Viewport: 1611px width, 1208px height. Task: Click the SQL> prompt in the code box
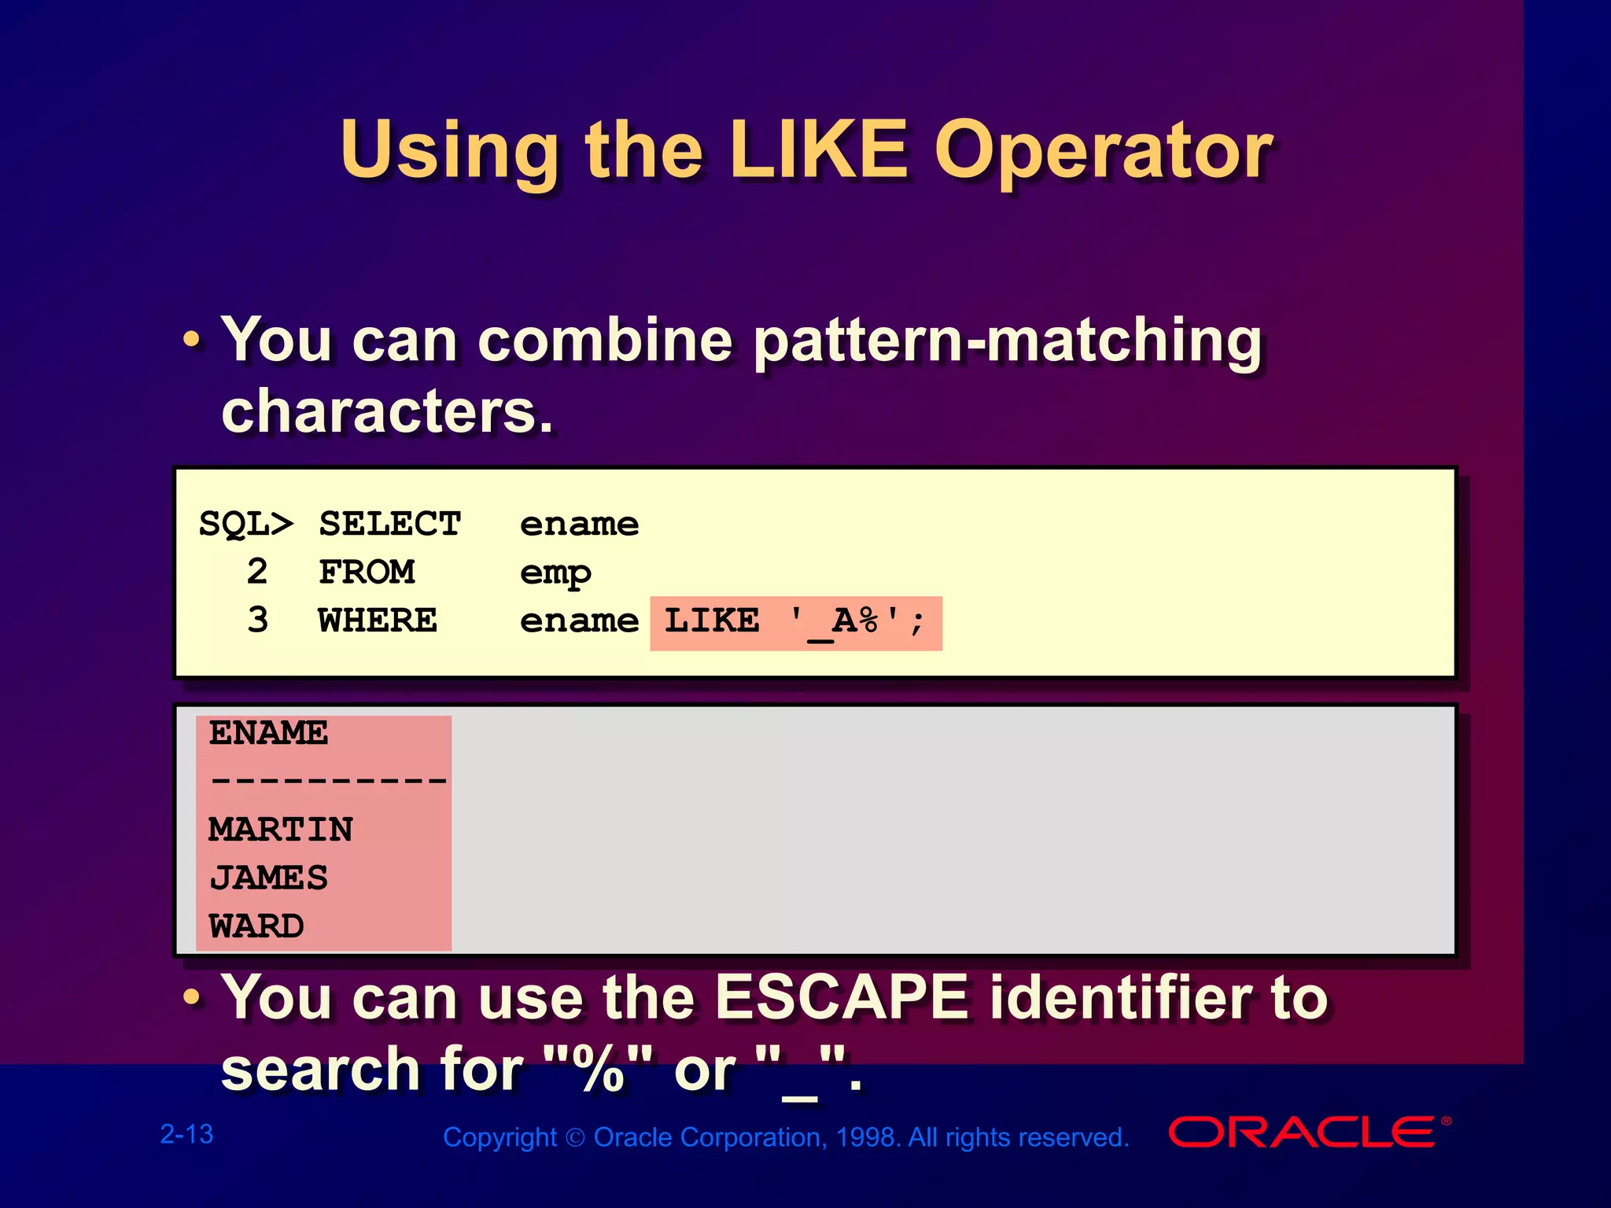245,525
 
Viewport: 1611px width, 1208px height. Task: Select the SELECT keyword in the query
389,525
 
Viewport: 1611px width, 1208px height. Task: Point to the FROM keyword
367,573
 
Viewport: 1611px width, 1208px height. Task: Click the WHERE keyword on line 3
378,621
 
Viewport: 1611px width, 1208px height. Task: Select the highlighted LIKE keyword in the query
712,622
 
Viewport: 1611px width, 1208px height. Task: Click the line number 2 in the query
257,572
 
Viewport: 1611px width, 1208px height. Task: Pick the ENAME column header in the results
268,733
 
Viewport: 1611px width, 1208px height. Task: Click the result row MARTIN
281,830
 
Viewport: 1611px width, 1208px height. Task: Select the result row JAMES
268,878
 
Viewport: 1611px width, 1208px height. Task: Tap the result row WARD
256,926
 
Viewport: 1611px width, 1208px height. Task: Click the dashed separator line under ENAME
328,781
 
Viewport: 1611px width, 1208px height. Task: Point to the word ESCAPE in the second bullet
842,997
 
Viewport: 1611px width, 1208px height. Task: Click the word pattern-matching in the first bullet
1007,341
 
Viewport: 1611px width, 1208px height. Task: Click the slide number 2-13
186,1134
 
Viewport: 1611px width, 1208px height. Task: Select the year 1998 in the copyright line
866,1137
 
